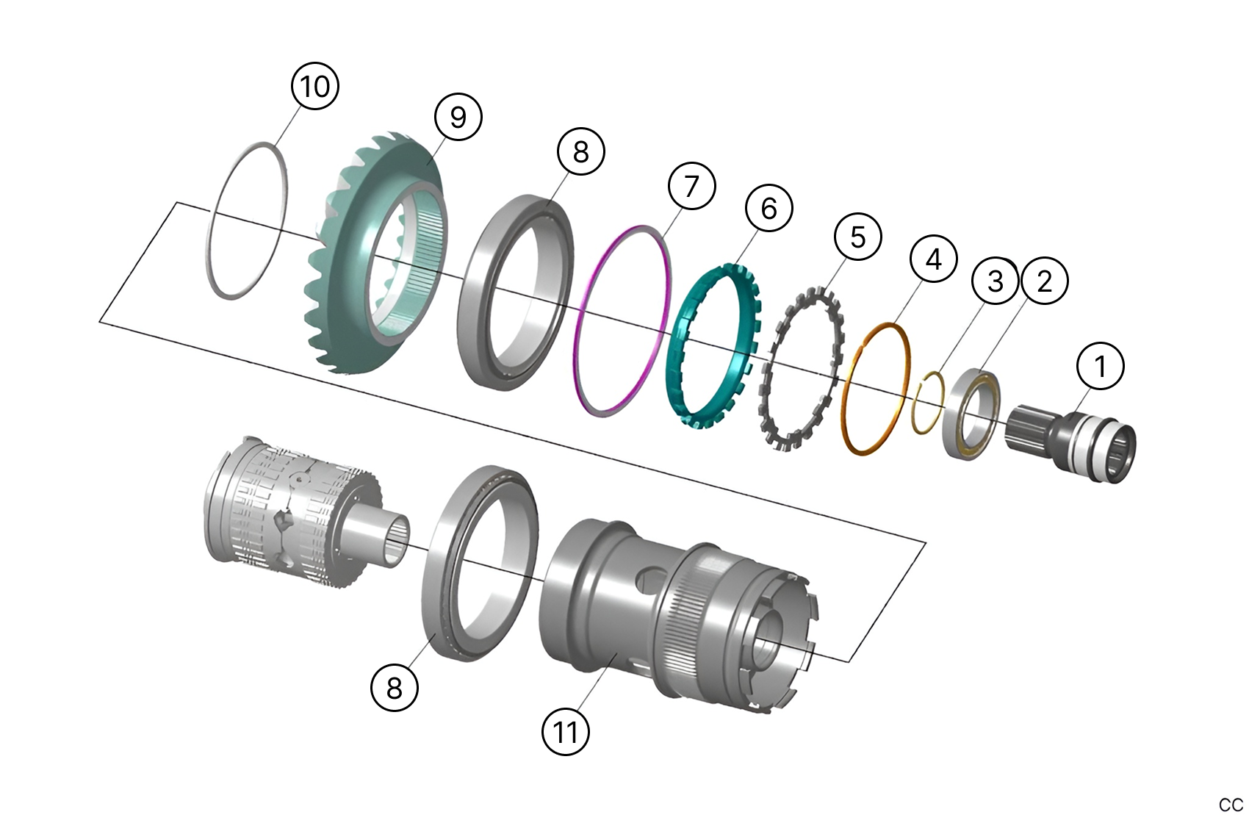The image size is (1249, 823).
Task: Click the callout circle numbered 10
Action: tap(315, 86)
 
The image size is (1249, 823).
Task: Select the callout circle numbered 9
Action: tap(458, 116)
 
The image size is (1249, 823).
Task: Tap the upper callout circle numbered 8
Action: tap(580, 151)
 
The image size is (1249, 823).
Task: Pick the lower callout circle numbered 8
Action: tap(395, 688)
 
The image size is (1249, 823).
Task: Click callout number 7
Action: tap(691, 186)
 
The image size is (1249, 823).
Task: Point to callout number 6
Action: tap(769, 208)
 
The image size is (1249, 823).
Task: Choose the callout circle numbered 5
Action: tap(857, 237)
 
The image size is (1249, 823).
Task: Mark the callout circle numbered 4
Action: tap(933, 259)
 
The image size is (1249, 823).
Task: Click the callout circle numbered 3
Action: tap(995, 280)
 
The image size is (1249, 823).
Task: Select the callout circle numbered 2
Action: tap(1044, 280)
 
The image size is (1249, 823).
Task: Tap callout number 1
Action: tap(1100, 365)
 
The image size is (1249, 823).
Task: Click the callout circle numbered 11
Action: tap(565, 732)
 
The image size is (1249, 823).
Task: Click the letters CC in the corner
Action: tap(1230, 805)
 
